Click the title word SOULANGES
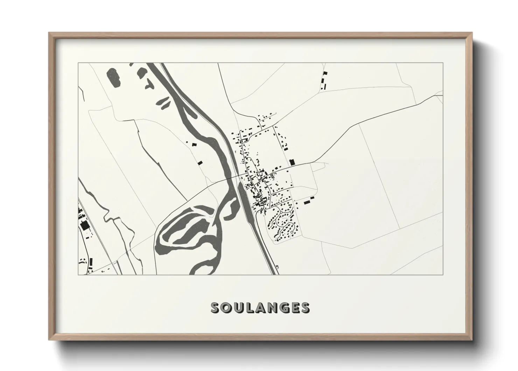tap(260, 308)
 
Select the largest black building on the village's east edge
tap(292, 162)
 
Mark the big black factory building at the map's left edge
tap(84, 225)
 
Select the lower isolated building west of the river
tap(200, 162)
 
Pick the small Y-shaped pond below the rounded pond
tap(149, 83)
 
